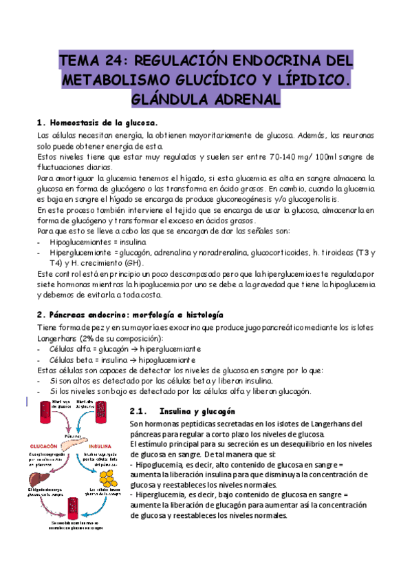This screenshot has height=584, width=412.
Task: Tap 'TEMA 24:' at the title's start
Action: click(x=87, y=60)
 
